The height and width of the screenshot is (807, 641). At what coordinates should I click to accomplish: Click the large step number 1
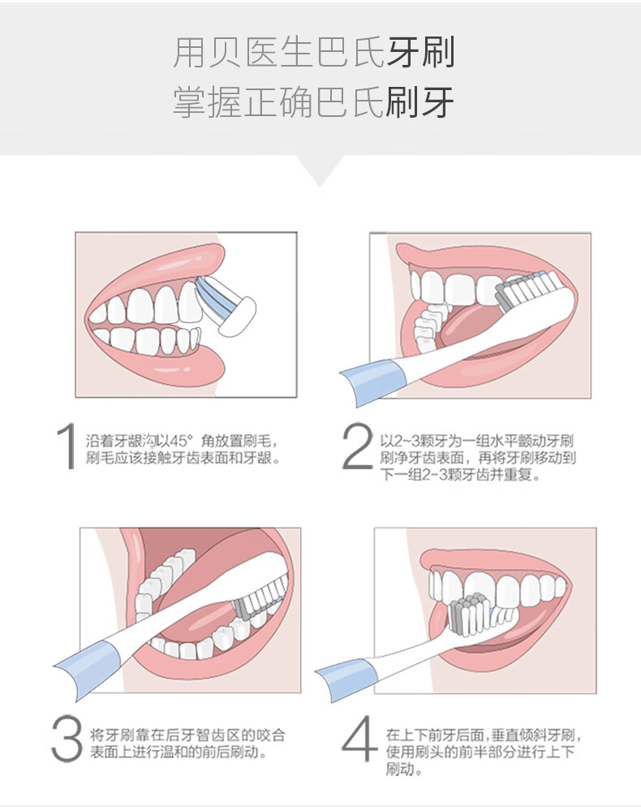[67, 447]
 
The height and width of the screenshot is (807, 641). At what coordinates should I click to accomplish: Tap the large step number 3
[67, 740]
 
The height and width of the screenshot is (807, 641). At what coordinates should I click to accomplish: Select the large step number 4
[359, 740]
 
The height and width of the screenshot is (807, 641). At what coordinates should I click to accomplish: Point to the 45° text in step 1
[179, 441]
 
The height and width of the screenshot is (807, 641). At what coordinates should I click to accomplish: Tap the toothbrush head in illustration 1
[227, 304]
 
